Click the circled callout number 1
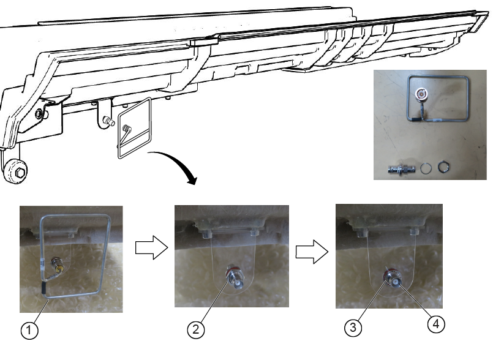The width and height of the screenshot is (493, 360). pos(29,330)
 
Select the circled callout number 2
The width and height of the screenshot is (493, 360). pos(196,329)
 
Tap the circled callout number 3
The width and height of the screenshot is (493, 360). pos(353,328)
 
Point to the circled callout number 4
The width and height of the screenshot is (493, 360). pos(436,323)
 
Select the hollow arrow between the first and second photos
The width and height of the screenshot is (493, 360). pos(151,247)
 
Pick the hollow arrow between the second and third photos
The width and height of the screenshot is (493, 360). pos(312,251)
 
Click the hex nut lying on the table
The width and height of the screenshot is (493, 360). pos(443,167)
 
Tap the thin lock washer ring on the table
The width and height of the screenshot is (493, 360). pos(426,168)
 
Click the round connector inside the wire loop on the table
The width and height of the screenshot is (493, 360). pos(421,94)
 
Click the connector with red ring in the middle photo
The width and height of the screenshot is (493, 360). pos(235,277)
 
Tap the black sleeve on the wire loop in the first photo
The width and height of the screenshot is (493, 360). pos(43,288)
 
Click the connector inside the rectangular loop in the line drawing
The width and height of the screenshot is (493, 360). pos(127,129)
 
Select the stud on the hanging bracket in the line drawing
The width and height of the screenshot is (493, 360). pos(109,121)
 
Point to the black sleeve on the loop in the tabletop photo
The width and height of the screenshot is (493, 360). pos(416,119)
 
